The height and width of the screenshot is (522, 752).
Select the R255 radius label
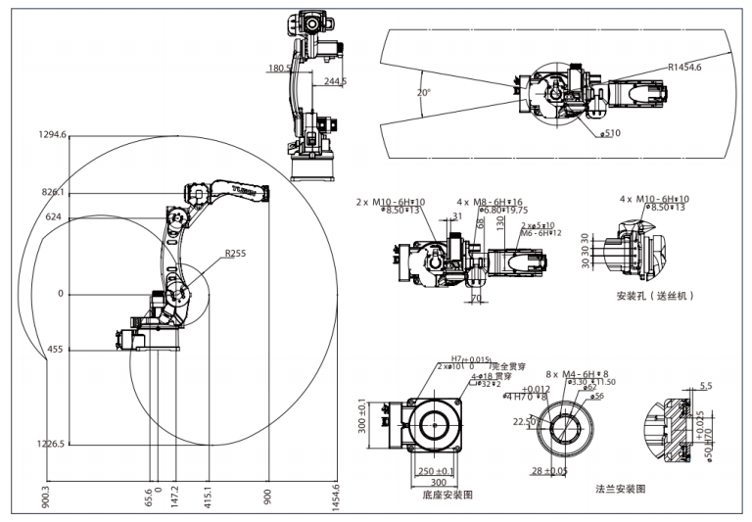click(x=234, y=253)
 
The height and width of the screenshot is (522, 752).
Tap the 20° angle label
click(x=423, y=93)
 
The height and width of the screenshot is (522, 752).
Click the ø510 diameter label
click(x=610, y=132)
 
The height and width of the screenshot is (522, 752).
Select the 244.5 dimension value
click(x=336, y=81)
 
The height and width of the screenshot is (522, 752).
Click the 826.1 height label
click(x=53, y=192)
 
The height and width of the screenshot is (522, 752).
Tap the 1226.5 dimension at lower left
click(x=50, y=444)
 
